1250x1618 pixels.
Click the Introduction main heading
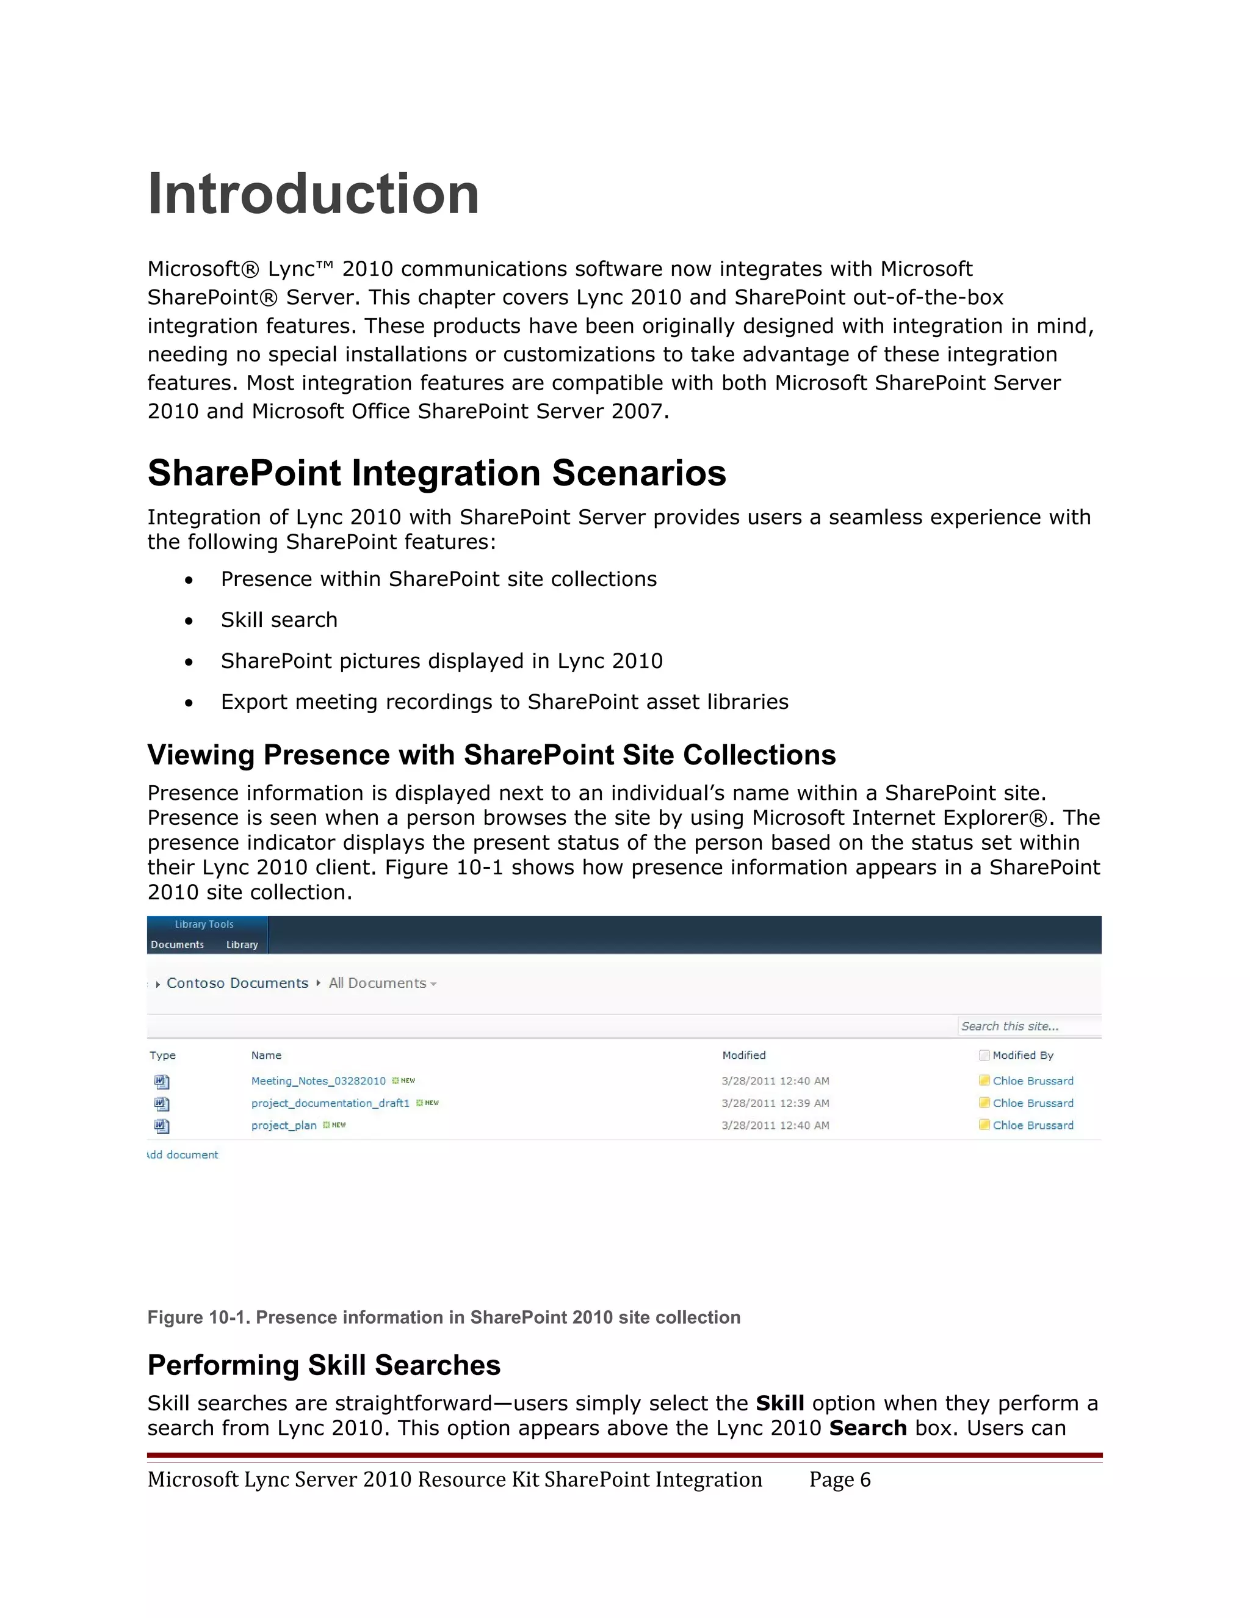tap(313, 194)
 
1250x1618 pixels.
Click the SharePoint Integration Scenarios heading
tap(436, 473)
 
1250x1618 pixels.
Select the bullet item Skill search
tap(278, 620)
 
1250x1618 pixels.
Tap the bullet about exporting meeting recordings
tap(504, 702)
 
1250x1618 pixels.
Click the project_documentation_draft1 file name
tap(330, 1103)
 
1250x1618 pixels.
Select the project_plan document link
tap(284, 1125)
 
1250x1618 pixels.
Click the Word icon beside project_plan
tap(161, 1126)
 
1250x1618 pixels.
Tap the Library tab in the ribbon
tap(242, 945)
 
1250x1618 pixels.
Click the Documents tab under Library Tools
tap(177, 945)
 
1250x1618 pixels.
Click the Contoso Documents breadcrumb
tap(237, 983)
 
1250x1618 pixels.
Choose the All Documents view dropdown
tap(382, 983)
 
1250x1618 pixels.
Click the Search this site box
tap(1028, 1026)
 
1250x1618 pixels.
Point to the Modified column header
tap(743, 1055)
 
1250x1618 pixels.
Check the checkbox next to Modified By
tap(984, 1055)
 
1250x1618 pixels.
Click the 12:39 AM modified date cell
tap(775, 1103)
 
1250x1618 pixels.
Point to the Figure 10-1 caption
tap(444, 1317)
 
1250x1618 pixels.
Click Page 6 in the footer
tap(840, 1479)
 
